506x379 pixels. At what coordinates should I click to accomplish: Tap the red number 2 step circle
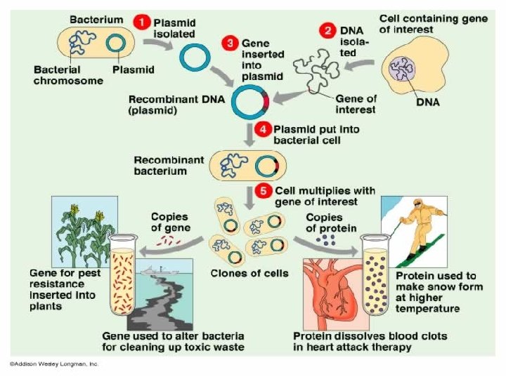(328, 30)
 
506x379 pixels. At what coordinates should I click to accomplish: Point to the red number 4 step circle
(263, 130)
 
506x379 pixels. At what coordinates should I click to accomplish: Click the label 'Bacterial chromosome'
(69, 75)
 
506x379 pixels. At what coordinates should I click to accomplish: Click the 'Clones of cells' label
(249, 273)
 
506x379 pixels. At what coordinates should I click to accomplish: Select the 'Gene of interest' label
(355, 104)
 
